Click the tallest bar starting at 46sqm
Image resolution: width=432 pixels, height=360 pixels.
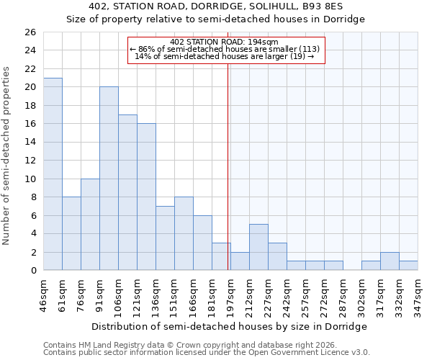(53, 174)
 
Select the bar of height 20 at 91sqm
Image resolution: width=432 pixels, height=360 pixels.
(109, 179)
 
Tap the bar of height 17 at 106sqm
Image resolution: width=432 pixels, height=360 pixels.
(127, 192)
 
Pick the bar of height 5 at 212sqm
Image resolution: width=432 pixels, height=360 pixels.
(258, 247)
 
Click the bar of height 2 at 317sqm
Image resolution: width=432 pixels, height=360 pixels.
(390, 261)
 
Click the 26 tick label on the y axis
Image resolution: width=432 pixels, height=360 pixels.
(30, 32)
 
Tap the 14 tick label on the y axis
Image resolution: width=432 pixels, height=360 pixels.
(30, 143)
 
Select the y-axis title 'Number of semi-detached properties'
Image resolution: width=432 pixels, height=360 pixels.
(7, 156)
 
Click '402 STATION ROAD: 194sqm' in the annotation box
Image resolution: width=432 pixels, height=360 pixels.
(226, 42)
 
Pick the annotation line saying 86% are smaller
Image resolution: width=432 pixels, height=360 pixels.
(226, 49)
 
